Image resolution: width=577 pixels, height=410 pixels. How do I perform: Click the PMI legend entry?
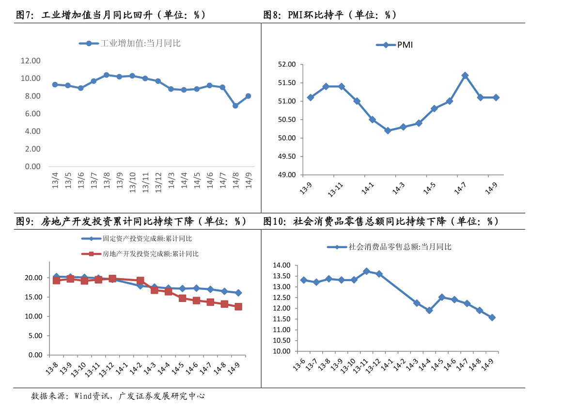pos(394,45)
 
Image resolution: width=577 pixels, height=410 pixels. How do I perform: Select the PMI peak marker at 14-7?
pos(465,76)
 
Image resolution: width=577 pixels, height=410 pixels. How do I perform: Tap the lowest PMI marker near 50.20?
pos(388,130)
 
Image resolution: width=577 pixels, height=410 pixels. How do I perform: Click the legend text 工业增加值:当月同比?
pos(140,44)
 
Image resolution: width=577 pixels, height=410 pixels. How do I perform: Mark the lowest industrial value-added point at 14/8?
pos(235,106)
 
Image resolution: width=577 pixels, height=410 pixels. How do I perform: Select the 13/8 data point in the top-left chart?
pos(106,75)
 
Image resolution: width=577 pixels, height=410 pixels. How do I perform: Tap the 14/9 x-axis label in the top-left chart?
pos(249,182)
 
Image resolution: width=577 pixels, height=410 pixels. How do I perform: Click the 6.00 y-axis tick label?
pos(31,114)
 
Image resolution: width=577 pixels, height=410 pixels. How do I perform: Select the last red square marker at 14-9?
pos(238,307)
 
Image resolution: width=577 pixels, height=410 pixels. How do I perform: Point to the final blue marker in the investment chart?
pos(238,293)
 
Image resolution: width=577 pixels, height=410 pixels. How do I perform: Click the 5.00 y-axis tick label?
pos(35,336)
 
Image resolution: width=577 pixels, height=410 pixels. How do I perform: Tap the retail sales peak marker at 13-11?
pos(367,271)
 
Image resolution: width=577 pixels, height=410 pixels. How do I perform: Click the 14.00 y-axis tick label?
pos(281,266)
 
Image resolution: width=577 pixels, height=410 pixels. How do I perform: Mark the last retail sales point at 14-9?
pos(492,317)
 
